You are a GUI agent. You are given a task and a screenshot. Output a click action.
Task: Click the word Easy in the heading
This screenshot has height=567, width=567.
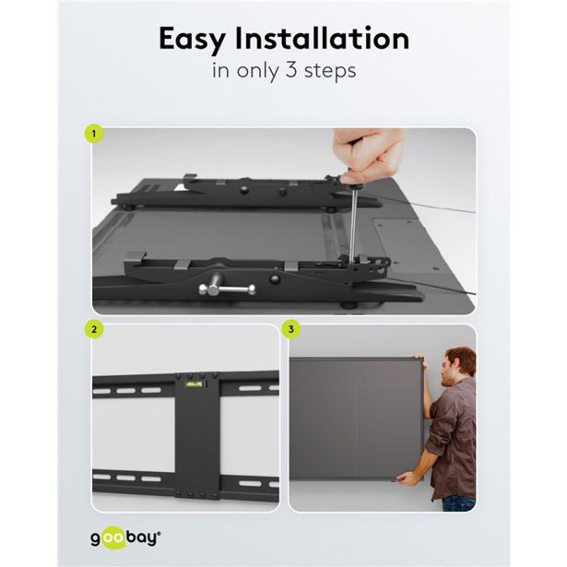(193, 40)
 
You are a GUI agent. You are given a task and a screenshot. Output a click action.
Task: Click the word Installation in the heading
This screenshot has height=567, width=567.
(322, 38)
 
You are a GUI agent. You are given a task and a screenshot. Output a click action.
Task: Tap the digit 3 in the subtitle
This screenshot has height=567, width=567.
(291, 69)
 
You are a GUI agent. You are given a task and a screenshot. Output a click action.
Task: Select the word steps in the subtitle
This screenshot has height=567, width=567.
(330, 71)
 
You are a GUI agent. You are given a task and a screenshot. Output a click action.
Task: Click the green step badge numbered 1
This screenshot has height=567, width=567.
(94, 134)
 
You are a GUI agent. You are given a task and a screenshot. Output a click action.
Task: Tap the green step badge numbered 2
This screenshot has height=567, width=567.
(94, 329)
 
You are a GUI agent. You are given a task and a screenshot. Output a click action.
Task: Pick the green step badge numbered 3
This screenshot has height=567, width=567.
(291, 329)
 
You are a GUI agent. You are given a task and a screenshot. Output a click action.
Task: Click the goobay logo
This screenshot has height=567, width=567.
(125, 537)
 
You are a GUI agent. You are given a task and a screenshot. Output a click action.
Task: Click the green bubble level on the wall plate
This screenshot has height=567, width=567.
(195, 384)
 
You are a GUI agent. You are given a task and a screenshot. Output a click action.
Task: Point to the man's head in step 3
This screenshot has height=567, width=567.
(460, 366)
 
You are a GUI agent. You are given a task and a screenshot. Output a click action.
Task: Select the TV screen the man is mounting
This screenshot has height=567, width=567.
(356, 419)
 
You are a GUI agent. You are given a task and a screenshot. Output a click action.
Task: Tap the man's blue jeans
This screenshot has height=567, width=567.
(458, 503)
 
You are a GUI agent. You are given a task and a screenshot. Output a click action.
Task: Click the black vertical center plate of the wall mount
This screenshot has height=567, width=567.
(197, 436)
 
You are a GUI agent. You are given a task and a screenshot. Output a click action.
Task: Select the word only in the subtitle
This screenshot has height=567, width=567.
(258, 71)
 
